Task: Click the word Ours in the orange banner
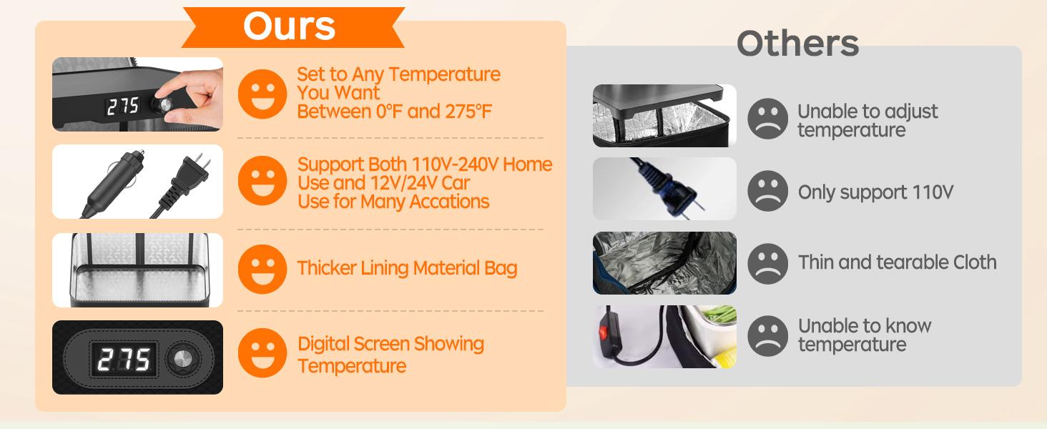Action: [x=289, y=26]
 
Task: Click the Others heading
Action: [x=797, y=44]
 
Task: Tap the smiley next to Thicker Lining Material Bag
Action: [x=262, y=269]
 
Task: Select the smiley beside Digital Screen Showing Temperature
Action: [x=262, y=352]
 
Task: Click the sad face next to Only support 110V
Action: [x=767, y=191]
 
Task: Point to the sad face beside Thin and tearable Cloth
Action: [x=767, y=263]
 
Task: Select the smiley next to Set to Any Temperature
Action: [x=262, y=94]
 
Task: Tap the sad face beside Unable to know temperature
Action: [x=767, y=335]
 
